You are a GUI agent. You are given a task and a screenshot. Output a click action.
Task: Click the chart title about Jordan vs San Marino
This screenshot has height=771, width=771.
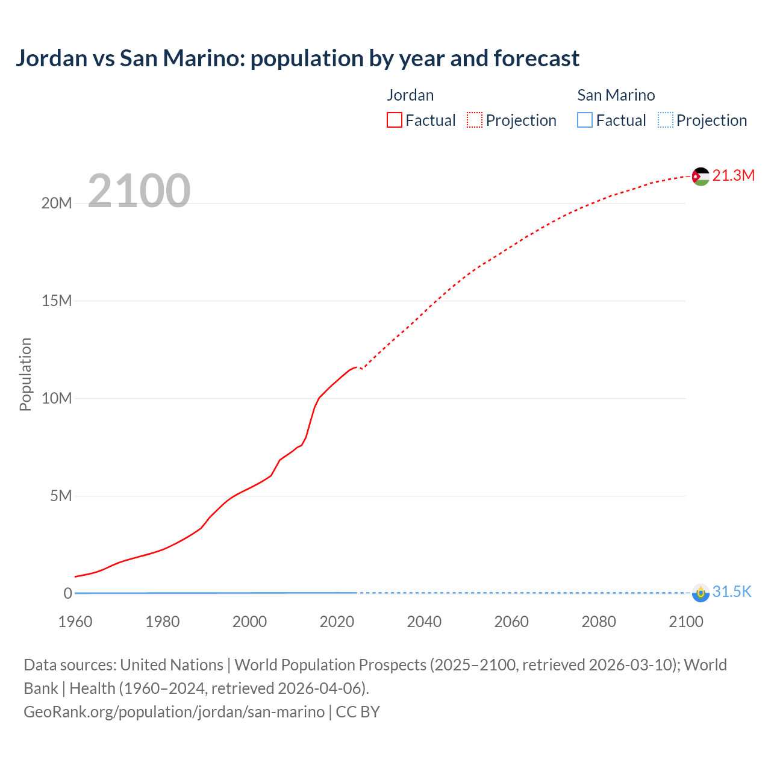[x=298, y=58]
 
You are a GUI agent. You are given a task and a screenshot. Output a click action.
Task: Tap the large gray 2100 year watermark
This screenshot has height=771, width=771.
[x=139, y=191]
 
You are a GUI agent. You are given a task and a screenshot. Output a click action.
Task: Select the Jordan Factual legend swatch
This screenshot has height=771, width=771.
[x=395, y=120]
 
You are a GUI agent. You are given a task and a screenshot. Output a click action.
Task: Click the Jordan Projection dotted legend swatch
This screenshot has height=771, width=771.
[x=475, y=120]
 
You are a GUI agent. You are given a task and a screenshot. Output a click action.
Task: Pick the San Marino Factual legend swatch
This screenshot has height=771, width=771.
[x=585, y=120]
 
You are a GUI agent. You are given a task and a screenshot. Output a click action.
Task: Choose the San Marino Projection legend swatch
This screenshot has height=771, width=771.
[x=665, y=120]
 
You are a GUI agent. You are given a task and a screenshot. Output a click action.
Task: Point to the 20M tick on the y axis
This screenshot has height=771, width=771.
[x=57, y=204]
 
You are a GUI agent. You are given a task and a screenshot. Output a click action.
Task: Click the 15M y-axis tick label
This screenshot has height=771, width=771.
[x=57, y=301]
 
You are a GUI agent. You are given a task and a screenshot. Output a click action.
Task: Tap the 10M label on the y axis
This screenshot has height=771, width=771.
[x=57, y=399]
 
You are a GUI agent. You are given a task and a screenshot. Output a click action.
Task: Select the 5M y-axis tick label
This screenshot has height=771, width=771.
[x=61, y=496]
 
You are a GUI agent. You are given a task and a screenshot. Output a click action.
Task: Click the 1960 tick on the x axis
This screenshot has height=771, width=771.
[x=75, y=622]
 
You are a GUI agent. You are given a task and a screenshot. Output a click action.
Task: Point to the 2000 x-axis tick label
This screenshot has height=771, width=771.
[x=249, y=622]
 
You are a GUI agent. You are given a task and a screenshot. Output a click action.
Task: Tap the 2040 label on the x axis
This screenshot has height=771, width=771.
[x=424, y=622]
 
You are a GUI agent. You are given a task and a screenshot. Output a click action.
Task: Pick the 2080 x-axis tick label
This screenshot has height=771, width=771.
[x=599, y=622]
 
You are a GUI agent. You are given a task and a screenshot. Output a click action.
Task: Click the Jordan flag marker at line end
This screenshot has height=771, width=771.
[x=701, y=176]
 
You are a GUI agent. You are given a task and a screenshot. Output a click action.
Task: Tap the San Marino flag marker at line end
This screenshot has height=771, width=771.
[x=701, y=593]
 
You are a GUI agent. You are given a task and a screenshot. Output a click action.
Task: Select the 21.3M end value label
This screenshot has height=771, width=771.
[x=733, y=175]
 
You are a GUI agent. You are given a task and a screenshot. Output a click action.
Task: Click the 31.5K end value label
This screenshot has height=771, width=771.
[x=732, y=592]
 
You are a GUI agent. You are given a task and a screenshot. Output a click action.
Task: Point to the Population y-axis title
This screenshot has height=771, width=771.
[x=25, y=374]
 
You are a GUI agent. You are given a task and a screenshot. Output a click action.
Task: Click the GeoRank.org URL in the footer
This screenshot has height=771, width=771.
[x=174, y=712]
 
